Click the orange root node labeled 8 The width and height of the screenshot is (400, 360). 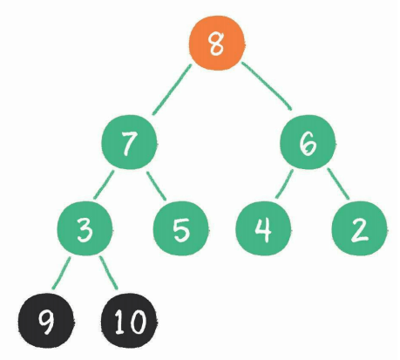216,44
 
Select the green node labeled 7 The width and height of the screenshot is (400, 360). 129,142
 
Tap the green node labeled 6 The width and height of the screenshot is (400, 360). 308,142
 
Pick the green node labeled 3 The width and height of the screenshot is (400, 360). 85,229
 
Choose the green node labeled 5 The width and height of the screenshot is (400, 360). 181,229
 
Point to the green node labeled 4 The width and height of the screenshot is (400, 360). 263,229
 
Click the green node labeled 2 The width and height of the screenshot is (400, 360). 360,229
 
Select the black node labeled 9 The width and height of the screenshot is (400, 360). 45,321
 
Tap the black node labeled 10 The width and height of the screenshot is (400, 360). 129,321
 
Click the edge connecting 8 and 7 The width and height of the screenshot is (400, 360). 172,90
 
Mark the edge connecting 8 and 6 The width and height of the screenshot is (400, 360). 267,86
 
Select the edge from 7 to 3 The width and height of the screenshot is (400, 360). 104,185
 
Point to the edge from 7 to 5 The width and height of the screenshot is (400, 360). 156,186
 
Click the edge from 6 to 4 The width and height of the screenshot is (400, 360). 284,184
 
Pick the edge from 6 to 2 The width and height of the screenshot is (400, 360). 338,184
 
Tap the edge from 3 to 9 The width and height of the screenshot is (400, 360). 61,274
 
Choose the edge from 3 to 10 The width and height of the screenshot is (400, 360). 109,273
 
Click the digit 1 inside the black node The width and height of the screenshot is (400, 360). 120,321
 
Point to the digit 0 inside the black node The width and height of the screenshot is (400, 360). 137,322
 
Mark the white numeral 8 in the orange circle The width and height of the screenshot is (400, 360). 217,44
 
